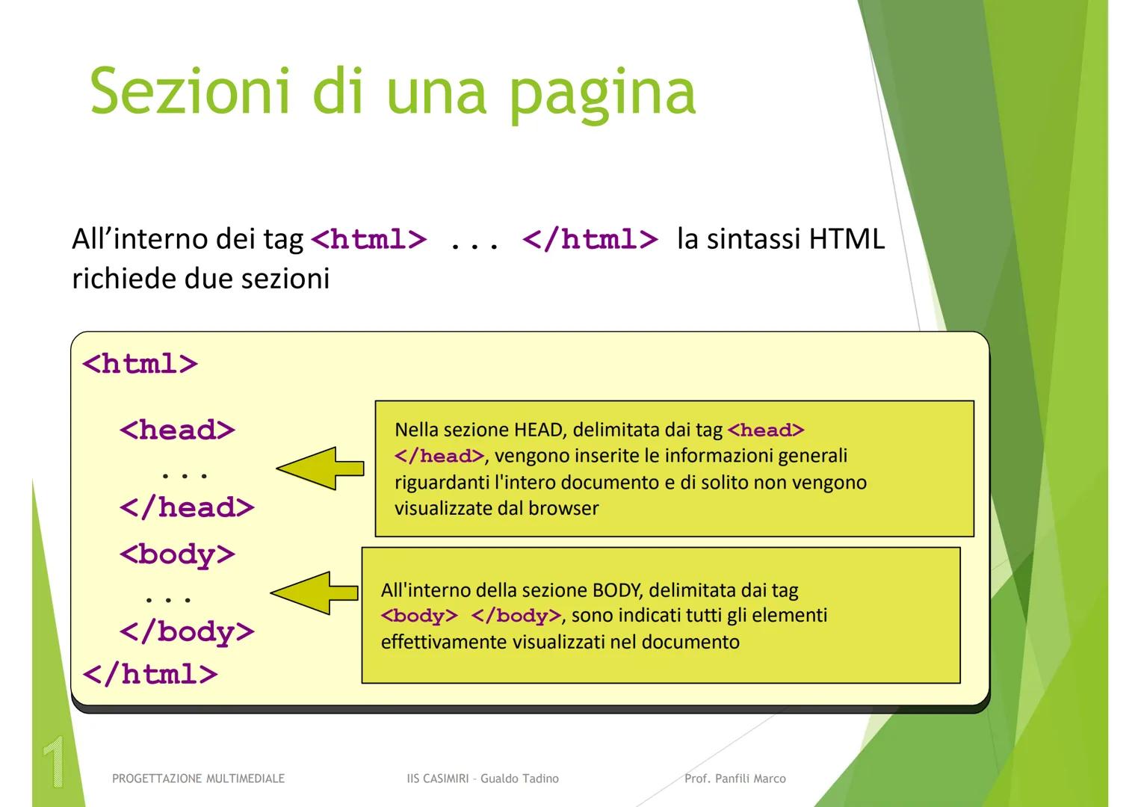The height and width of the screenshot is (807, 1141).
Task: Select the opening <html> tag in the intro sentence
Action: [x=368, y=240]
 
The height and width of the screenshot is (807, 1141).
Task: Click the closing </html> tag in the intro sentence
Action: [x=590, y=240]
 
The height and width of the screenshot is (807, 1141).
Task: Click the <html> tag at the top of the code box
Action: [x=140, y=364]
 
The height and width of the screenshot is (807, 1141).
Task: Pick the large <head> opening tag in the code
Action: [x=177, y=430]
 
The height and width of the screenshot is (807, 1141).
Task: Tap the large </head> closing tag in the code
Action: [x=187, y=508]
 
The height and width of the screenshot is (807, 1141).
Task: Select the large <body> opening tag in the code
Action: [x=177, y=554]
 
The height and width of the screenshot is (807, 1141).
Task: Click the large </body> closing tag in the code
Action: [x=187, y=632]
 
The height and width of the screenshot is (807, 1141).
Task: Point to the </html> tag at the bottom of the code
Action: [x=149, y=674]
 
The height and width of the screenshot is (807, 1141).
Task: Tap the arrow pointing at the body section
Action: [x=314, y=593]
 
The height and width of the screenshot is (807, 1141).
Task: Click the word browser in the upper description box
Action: [x=563, y=509]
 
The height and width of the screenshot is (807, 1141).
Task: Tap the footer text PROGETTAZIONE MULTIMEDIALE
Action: [x=198, y=779]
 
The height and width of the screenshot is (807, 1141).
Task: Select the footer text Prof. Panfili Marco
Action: [x=735, y=779]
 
